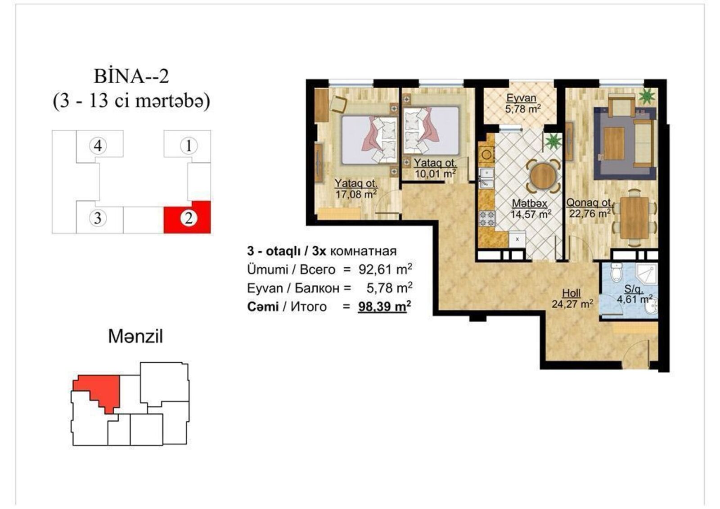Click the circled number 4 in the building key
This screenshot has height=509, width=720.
(x=98, y=146)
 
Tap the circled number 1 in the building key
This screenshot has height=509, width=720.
(x=189, y=146)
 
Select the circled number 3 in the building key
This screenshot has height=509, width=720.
(x=98, y=218)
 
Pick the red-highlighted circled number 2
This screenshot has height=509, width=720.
(x=189, y=219)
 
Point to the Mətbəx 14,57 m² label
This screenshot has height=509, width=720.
(x=531, y=209)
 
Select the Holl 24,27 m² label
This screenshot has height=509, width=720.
(x=572, y=298)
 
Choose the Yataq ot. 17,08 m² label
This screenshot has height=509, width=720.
(x=356, y=189)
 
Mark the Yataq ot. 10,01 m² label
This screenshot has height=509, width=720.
(x=435, y=168)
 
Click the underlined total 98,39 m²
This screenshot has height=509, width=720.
(x=384, y=306)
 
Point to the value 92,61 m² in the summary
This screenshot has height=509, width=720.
(x=385, y=269)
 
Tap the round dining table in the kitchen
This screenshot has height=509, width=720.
(x=543, y=176)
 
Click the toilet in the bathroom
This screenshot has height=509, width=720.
(x=616, y=272)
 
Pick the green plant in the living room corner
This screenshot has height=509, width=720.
(x=647, y=97)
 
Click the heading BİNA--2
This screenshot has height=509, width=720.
(x=131, y=77)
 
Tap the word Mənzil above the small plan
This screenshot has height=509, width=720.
(x=135, y=337)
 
